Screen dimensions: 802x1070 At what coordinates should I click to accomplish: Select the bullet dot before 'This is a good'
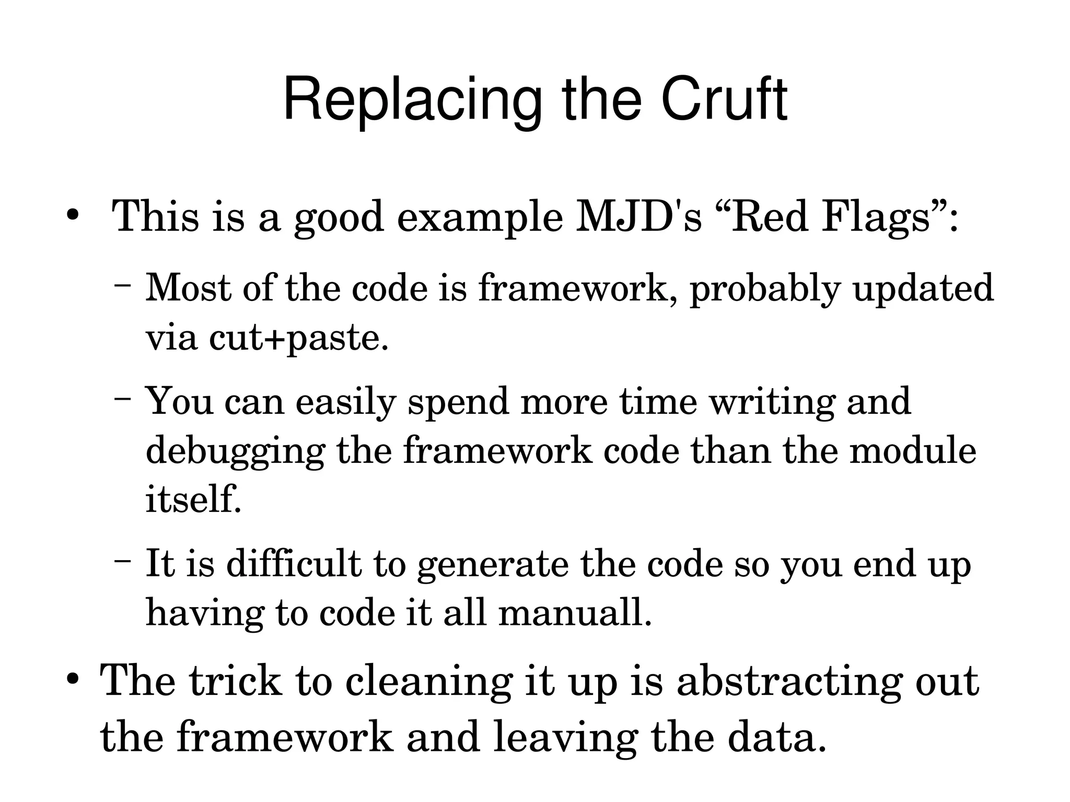pos(72,215)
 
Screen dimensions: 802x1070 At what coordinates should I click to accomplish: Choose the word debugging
pos(235,451)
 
